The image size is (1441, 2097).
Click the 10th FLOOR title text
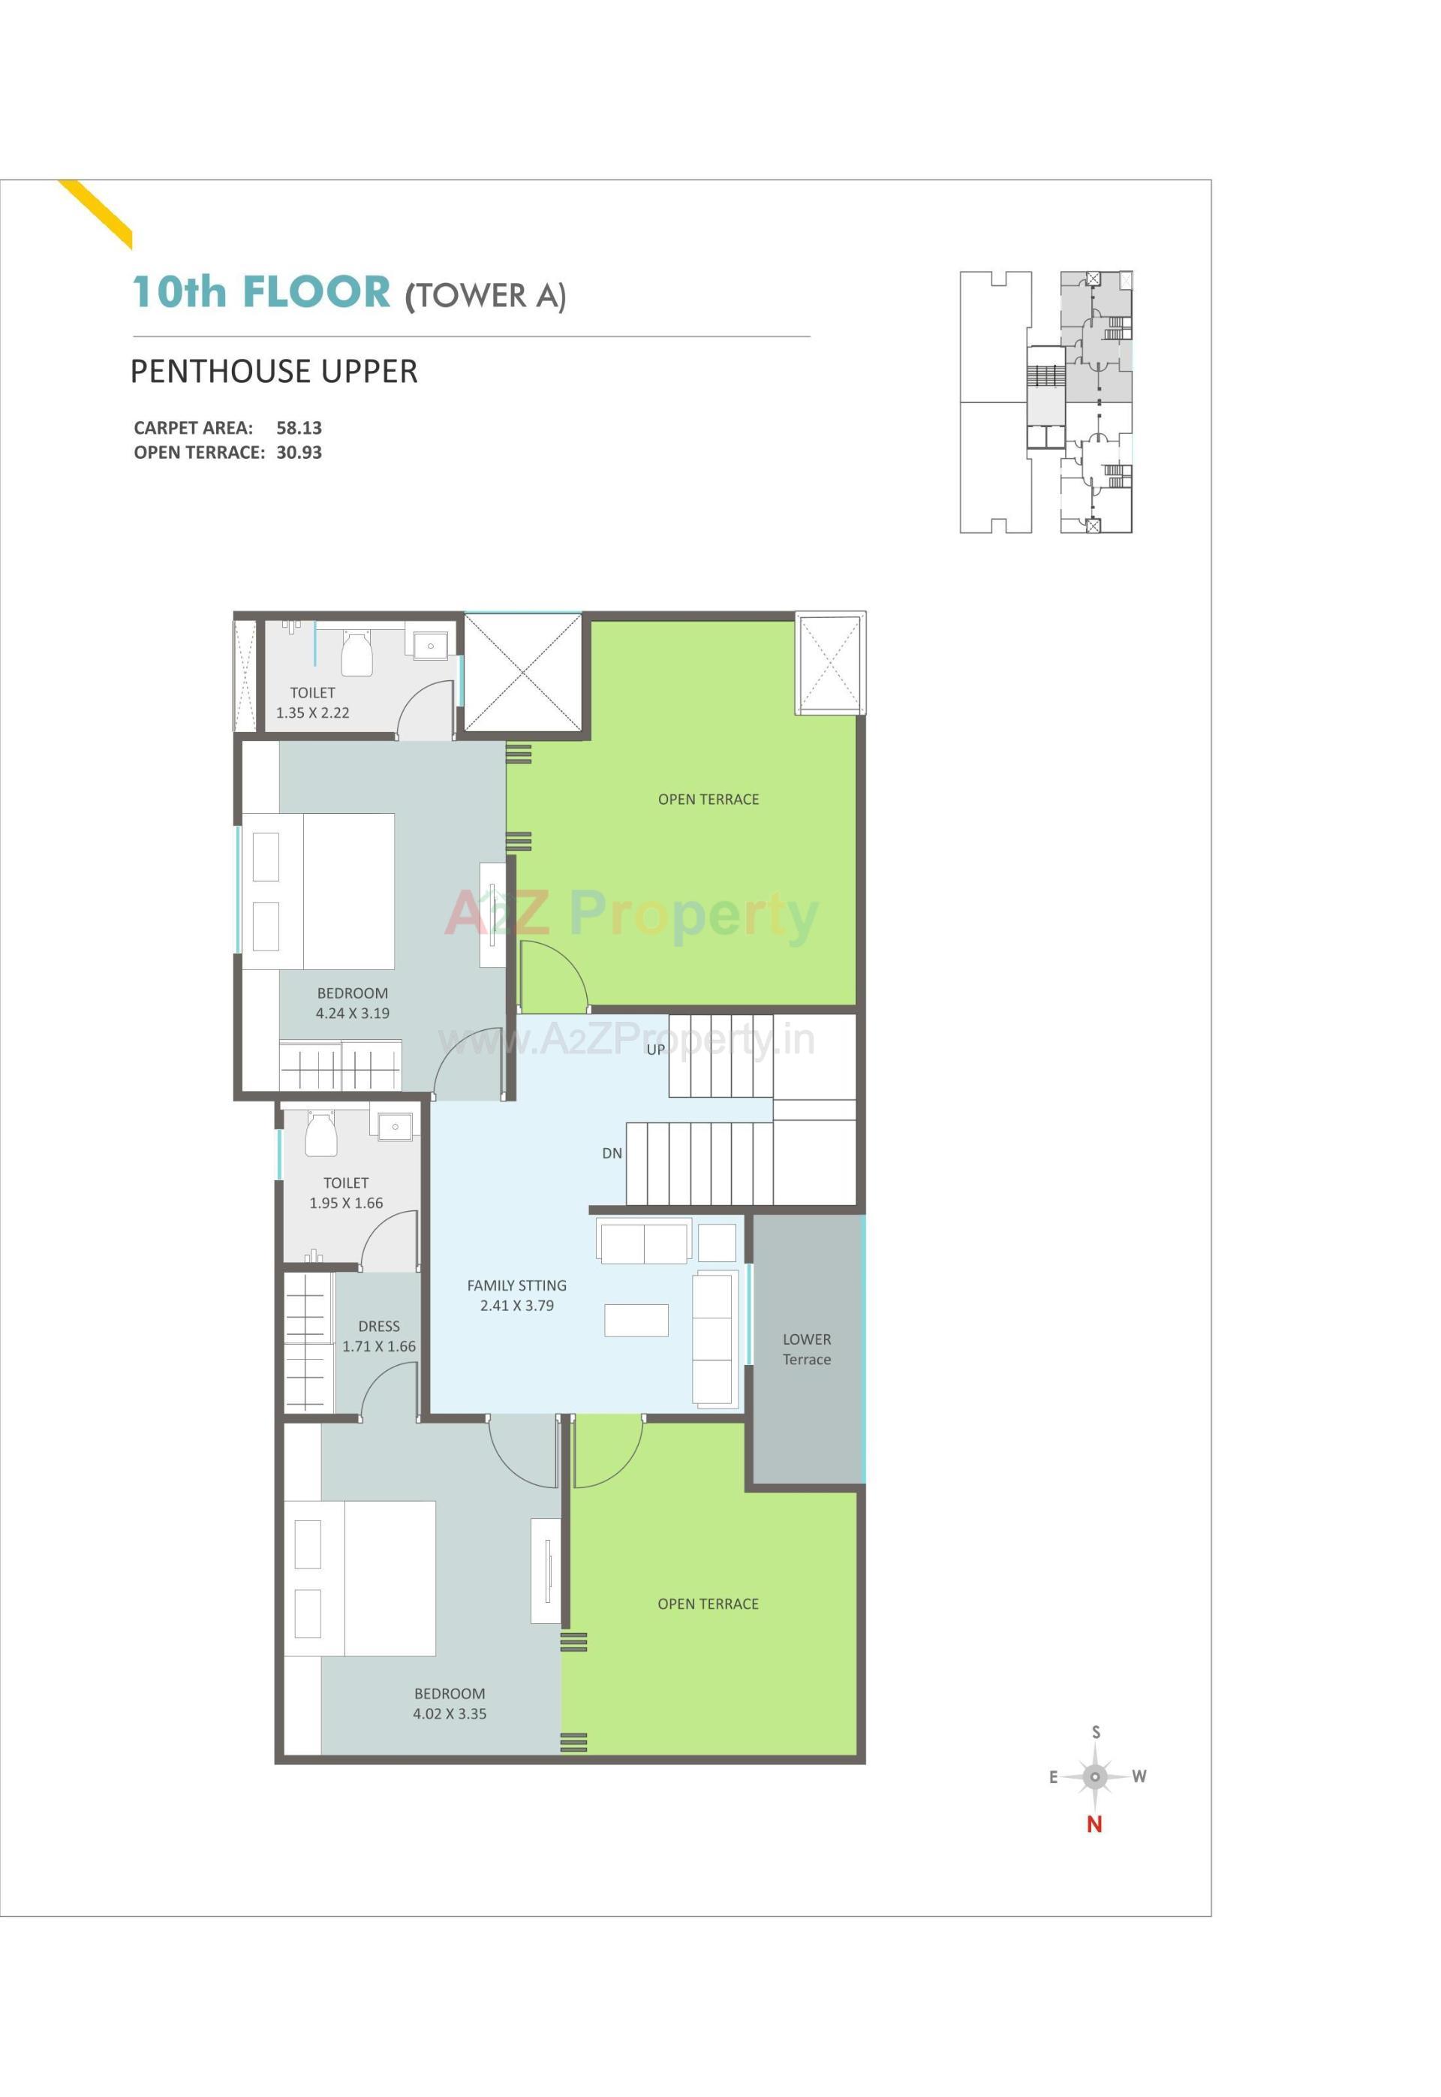pyautogui.click(x=262, y=292)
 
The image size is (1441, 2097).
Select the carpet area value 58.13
pyautogui.click(x=299, y=428)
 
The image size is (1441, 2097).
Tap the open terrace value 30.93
pyautogui.click(x=299, y=453)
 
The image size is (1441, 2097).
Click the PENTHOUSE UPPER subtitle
pyautogui.click(x=274, y=371)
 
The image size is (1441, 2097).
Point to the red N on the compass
pyautogui.click(x=1094, y=1824)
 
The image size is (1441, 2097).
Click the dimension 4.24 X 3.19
pyautogui.click(x=352, y=1014)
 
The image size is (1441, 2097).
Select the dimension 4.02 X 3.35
pyautogui.click(x=450, y=1713)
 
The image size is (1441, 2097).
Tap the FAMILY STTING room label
pyautogui.click(x=516, y=1285)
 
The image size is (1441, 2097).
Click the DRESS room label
pyautogui.click(x=378, y=1326)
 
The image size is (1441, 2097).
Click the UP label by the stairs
pyautogui.click(x=655, y=1050)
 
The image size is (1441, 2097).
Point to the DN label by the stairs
pyautogui.click(x=612, y=1153)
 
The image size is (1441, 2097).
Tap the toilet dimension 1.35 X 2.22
pyautogui.click(x=312, y=713)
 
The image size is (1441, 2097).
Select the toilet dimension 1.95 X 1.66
pyautogui.click(x=346, y=1203)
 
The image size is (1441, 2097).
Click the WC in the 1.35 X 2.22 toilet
pyautogui.click(x=356, y=652)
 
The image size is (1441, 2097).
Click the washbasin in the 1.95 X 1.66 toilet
pyautogui.click(x=395, y=1128)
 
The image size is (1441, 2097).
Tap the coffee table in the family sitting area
pyautogui.click(x=636, y=1321)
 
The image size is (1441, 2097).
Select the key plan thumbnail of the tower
pyautogui.click(x=1045, y=402)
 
